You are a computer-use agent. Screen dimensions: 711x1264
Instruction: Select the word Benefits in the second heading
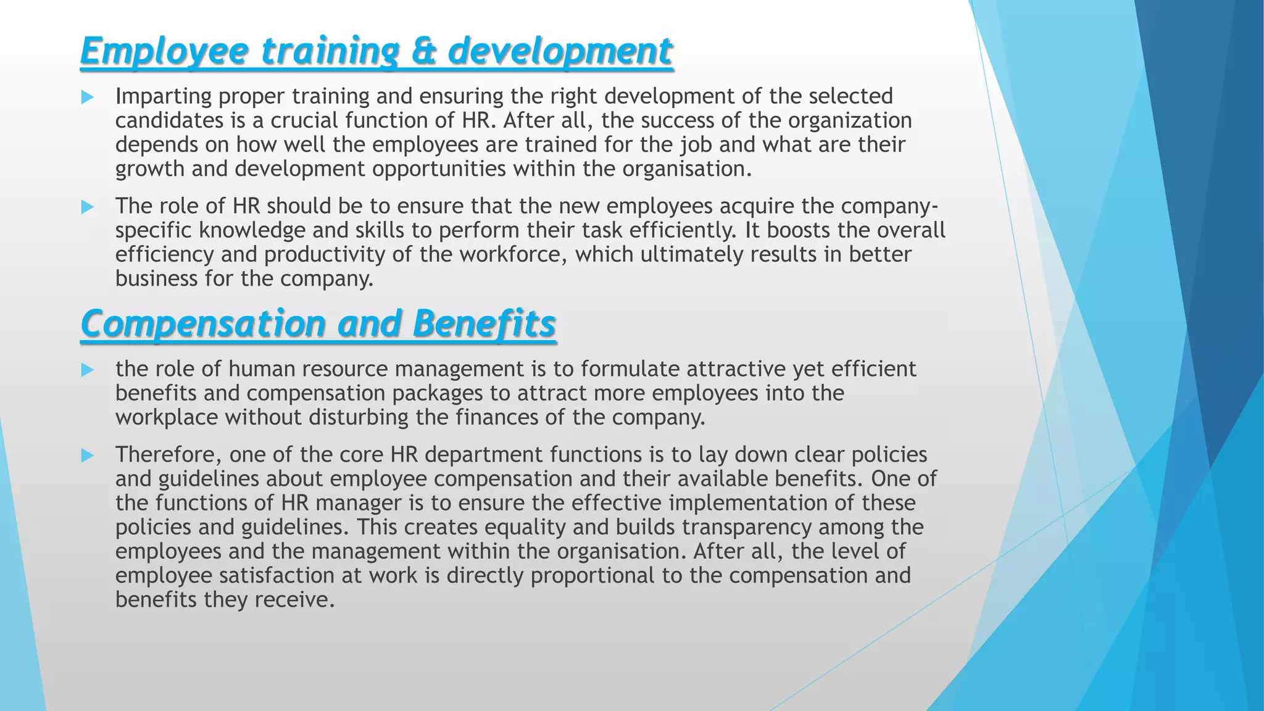click(484, 324)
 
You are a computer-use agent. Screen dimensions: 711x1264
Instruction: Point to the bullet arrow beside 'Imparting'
click(87, 98)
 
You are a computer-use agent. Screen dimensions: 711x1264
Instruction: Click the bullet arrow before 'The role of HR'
click(87, 207)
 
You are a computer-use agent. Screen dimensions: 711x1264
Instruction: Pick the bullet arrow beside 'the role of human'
click(87, 370)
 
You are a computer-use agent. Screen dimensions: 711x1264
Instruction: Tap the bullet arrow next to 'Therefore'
click(87, 456)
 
